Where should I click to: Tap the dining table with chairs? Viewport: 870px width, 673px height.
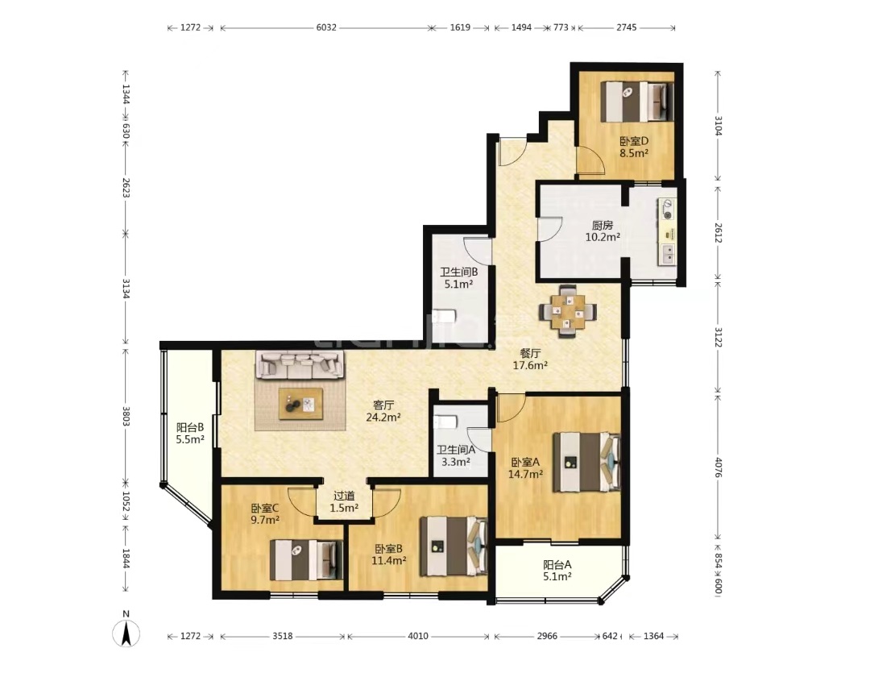click(568, 311)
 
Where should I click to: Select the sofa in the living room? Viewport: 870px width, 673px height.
click(300, 364)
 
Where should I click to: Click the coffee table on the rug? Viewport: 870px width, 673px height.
click(300, 404)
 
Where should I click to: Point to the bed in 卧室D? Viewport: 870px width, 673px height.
click(638, 102)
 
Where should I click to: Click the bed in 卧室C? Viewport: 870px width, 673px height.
click(306, 560)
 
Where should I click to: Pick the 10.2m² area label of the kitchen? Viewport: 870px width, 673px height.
click(603, 237)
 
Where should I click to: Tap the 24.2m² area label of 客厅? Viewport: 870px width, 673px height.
click(383, 417)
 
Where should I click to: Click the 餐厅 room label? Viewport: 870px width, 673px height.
click(530, 352)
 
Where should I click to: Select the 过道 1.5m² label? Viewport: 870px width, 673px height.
click(344, 501)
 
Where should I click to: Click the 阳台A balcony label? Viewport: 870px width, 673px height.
click(557, 565)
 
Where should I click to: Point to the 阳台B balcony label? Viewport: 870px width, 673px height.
click(190, 427)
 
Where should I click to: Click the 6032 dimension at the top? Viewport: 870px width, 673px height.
click(326, 27)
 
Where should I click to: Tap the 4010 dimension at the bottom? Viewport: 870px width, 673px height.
click(418, 636)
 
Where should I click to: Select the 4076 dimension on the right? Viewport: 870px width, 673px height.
click(718, 467)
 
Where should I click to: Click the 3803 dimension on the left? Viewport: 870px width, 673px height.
click(126, 417)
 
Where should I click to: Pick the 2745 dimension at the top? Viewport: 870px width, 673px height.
click(627, 27)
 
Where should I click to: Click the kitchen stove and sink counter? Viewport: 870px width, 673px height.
click(668, 232)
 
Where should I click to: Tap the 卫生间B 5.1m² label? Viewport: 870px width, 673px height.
click(459, 278)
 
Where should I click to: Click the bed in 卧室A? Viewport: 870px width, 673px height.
click(586, 462)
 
